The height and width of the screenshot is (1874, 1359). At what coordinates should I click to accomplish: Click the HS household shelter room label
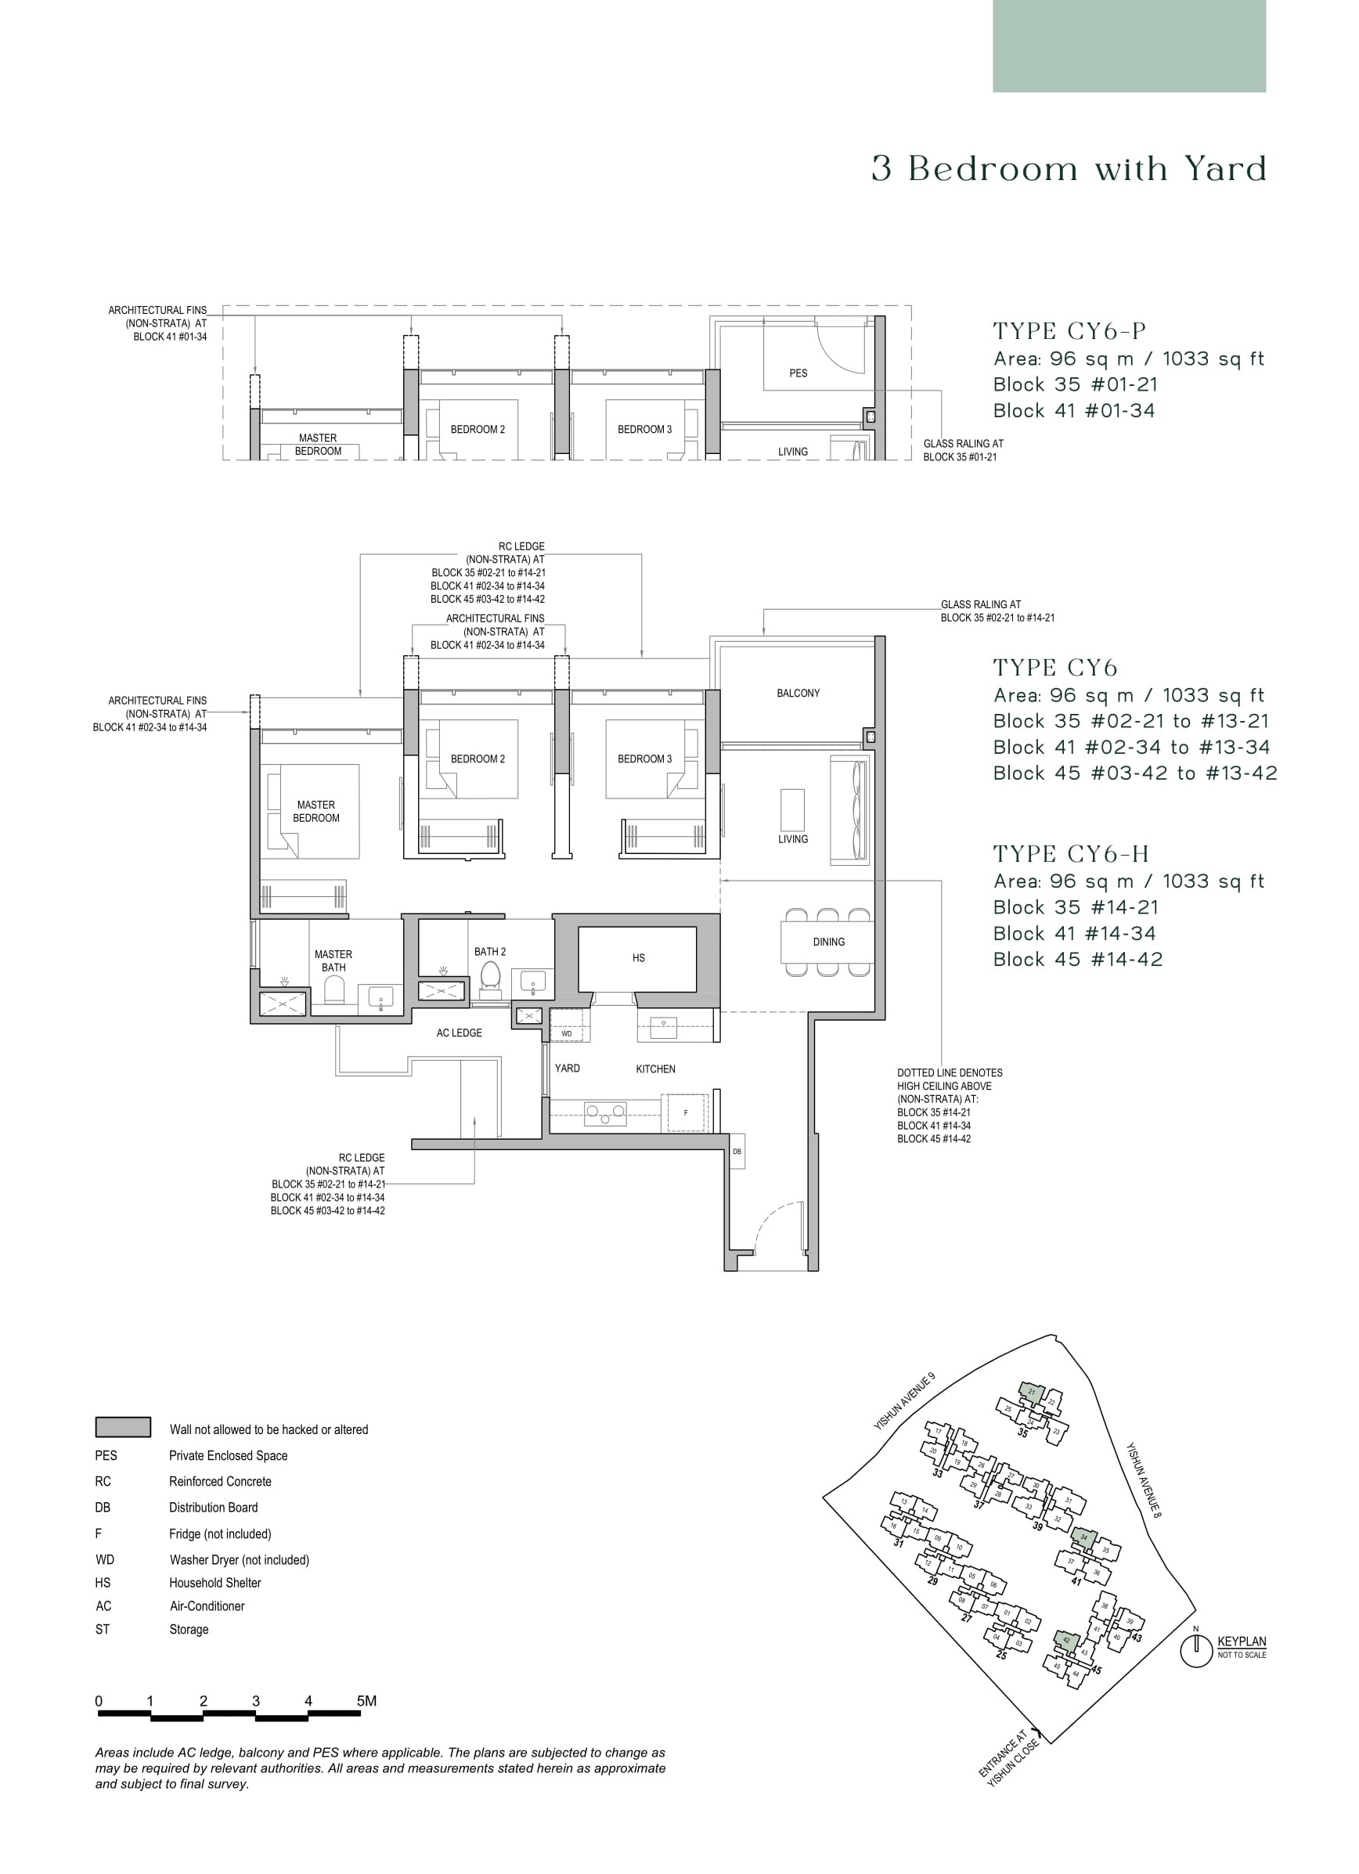[x=638, y=958]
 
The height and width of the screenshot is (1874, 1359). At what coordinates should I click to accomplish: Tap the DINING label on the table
[x=827, y=942]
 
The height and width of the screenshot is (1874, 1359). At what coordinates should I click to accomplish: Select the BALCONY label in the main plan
[x=798, y=694]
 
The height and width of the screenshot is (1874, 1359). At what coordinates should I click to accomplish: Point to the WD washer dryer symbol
[x=567, y=1033]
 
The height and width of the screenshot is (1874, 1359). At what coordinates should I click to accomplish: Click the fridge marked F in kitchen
[x=685, y=1113]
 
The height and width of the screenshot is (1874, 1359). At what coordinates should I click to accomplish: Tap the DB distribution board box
[x=737, y=1151]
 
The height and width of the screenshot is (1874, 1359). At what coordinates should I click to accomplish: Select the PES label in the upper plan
[x=798, y=373]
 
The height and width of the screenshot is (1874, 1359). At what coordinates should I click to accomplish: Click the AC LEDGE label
[x=460, y=1033]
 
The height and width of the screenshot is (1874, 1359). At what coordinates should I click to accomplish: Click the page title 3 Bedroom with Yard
[x=1069, y=169]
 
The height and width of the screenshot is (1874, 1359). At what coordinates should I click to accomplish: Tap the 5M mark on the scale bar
[x=366, y=1701]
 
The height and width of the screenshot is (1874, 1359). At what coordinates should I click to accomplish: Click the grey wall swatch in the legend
[x=123, y=1428]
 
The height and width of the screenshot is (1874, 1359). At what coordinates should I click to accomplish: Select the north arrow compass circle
[x=1195, y=1652]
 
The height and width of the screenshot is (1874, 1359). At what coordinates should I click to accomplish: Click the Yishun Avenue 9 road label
[x=905, y=1401]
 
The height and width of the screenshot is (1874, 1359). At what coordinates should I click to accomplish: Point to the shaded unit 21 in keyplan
[x=1030, y=1393]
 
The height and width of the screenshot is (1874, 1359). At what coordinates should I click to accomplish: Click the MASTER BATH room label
[x=333, y=961]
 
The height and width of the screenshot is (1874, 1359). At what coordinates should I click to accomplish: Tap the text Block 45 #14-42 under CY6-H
[x=1077, y=960]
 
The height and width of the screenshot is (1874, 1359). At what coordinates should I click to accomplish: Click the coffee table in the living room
[x=792, y=809]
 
